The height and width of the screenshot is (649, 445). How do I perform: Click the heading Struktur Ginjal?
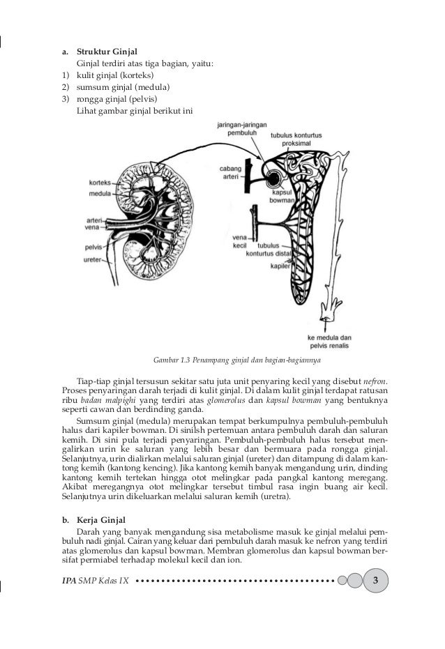107,51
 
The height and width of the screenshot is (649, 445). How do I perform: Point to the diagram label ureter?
93,259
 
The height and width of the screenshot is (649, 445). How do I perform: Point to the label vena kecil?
240,240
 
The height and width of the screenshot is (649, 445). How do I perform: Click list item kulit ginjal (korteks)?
112,75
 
